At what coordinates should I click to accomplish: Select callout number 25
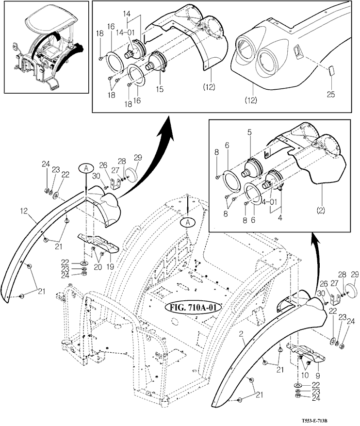click(x=331, y=94)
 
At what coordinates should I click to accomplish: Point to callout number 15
click(x=160, y=89)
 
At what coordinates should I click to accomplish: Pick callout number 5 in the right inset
click(x=250, y=132)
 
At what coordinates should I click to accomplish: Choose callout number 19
click(x=110, y=267)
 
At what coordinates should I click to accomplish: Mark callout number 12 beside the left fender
click(x=24, y=211)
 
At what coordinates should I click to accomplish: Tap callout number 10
click(x=305, y=375)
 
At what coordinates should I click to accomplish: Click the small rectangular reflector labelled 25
click(x=331, y=71)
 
